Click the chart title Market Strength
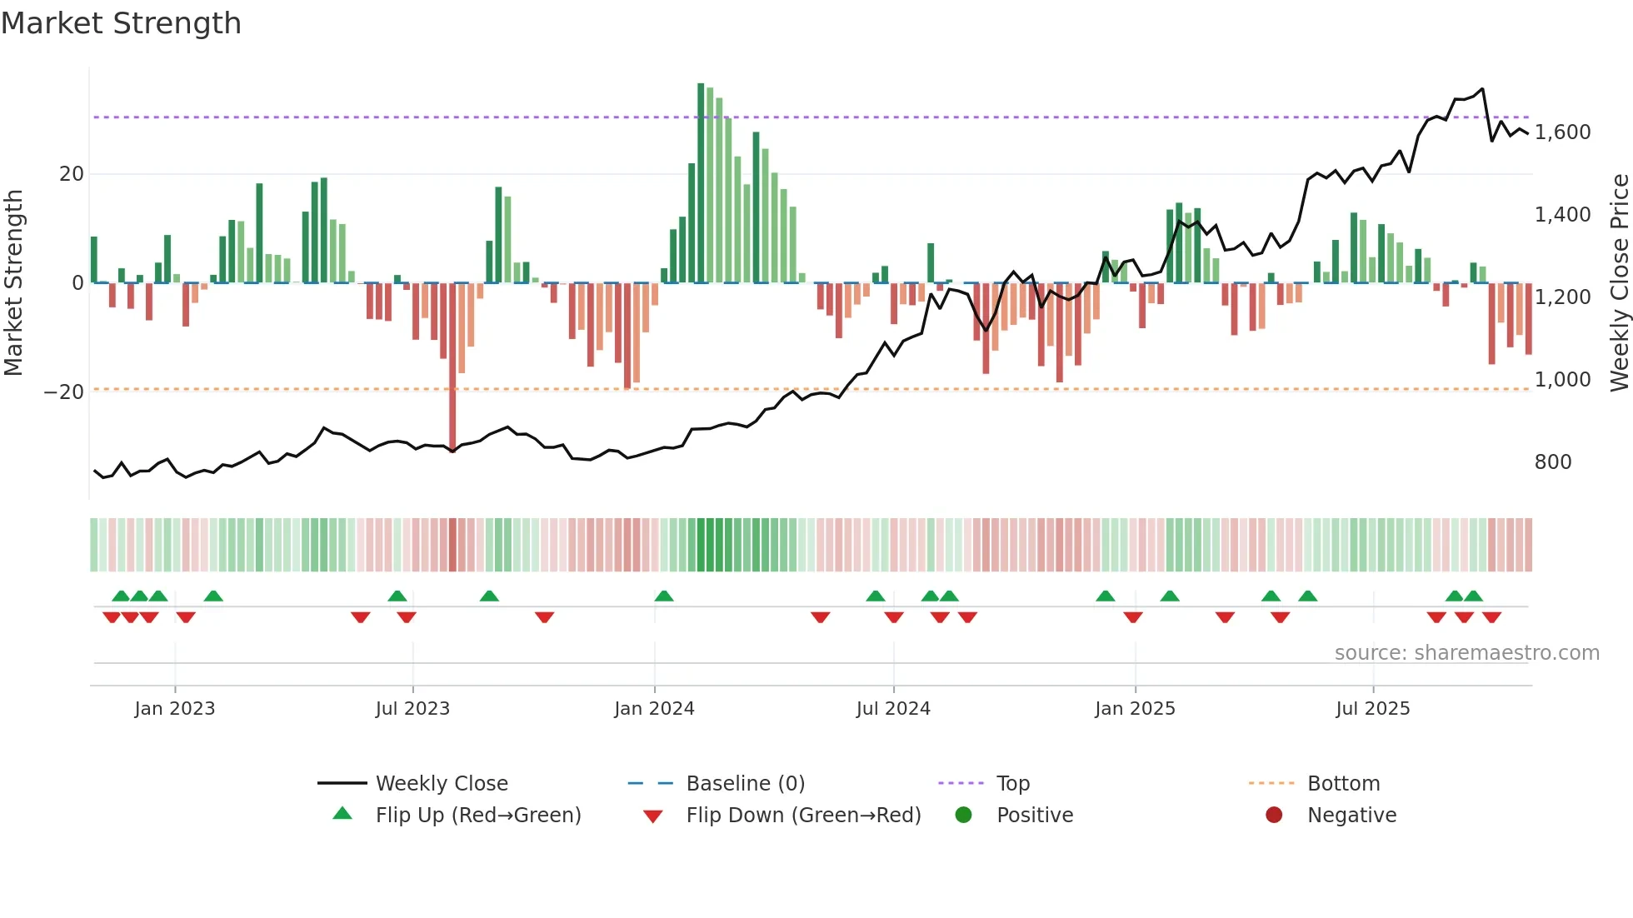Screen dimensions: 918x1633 tap(121, 23)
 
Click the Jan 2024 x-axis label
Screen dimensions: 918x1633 tap(654, 709)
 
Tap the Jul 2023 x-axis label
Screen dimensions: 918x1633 tap(412, 709)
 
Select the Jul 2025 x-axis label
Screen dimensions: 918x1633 tap(1372, 709)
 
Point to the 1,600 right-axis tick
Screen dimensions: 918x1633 tap(1562, 132)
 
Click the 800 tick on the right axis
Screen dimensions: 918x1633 tap(1552, 462)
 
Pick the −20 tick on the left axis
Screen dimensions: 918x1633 tap(64, 392)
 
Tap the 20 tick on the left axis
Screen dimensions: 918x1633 tap(72, 174)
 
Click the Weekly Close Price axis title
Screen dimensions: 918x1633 tap(1619, 283)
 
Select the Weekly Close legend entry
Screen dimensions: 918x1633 tap(442, 784)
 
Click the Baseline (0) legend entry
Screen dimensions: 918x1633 tap(745, 784)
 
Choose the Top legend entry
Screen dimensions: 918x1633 tap(1013, 784)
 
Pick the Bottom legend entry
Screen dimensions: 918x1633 tap(1343, 784)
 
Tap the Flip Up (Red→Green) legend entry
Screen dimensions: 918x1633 tap(477, 816)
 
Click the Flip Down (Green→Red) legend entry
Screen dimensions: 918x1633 tap(803, 816)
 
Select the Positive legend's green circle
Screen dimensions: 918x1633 tap(964, 816)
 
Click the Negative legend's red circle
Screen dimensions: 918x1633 tap(1274, 816)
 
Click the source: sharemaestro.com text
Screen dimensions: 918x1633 tap(1466, 653)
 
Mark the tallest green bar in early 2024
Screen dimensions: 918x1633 tap(701, 183)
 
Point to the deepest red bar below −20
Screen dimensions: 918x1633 tap(452, 367)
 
